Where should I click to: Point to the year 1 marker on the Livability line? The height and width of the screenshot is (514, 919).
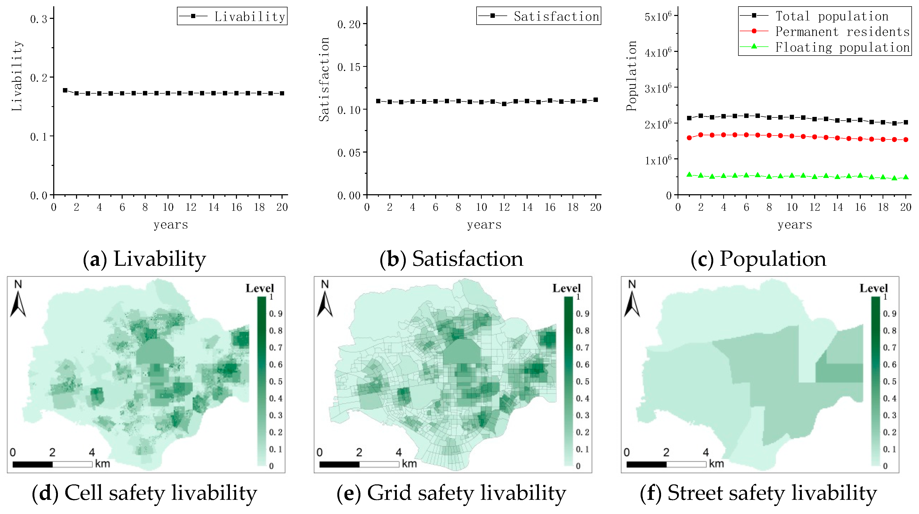(65, 90)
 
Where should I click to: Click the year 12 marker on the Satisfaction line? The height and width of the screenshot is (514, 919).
(504, 104)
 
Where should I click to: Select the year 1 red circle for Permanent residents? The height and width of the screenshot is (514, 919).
(689, 138)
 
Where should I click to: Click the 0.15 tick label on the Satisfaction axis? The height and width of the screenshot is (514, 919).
(349, 67)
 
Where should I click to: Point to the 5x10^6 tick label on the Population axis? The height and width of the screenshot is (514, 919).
(658, 17)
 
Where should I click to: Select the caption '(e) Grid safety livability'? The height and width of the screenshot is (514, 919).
(451, 493)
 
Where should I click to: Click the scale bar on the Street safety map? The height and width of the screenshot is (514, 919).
(666, 464)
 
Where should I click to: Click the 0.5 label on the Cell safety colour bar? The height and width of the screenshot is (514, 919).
(276, 381)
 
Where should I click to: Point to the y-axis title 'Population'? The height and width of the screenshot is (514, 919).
(631, 76)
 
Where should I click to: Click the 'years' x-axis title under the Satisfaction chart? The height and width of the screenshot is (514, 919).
(484, 225)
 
